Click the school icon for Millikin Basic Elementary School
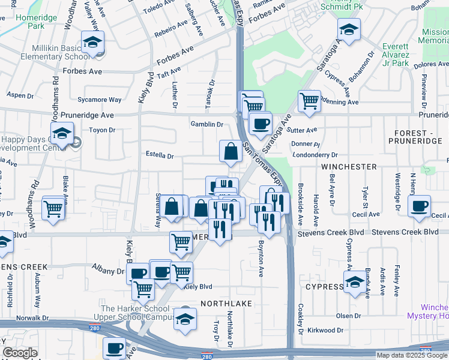[x=93, y=42]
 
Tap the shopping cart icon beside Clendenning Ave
[x=309, y=101]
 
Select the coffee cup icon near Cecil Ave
[x=419, y=206]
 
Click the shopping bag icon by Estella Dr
[x=231, y=151]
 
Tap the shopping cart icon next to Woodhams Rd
[x=53, y=209]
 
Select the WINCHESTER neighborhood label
[x=349, y=166]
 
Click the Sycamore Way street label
[x=100, y=100]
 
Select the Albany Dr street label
[x=107, y=271]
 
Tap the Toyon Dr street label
[x=101, y=130]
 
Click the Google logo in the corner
[x=20, y=353]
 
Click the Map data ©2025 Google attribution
[x=411, y=355]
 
